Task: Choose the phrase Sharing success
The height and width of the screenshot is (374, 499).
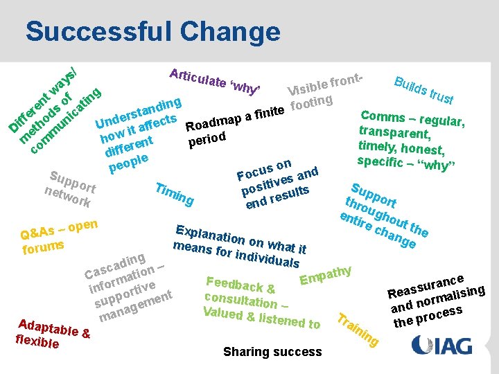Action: [x=272, y=352]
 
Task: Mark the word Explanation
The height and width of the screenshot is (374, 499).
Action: [x=210, y=235]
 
